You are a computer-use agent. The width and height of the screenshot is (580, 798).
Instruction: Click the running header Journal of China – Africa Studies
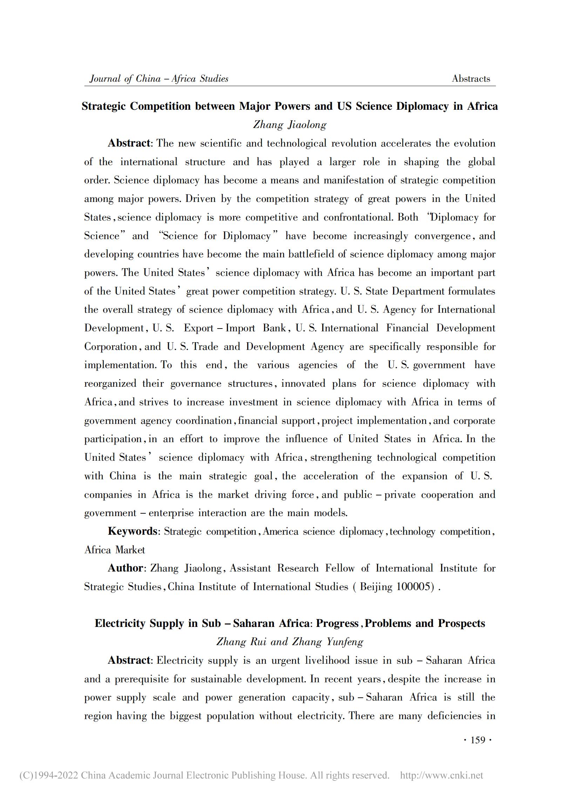pos(159,79)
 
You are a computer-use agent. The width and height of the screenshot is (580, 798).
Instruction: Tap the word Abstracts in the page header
pos(471,79)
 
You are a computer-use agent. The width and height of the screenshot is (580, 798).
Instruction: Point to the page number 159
pos(478,740)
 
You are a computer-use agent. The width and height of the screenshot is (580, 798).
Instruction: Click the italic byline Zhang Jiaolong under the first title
pos(290,124)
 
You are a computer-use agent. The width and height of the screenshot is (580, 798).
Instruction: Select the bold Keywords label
pos(132,531)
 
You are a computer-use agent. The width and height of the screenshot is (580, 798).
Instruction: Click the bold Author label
pos(125,568)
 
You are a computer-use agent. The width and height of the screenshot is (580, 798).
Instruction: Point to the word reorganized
pos(110,384)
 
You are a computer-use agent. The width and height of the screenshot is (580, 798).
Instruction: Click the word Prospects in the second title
pos(461,623)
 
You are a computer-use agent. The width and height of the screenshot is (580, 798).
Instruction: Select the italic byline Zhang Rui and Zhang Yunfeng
pos(290,642)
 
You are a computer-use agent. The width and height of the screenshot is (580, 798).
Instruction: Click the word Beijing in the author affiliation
pos(376,587)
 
